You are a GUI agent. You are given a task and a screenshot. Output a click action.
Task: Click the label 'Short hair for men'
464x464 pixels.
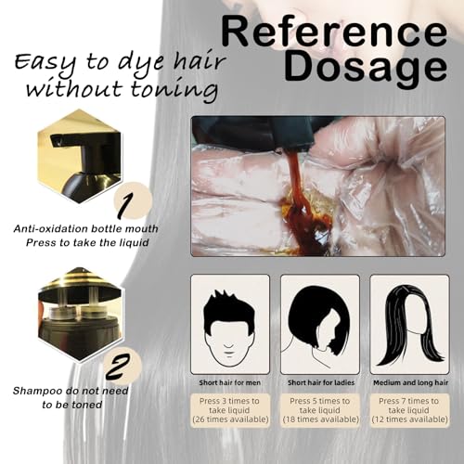[230, 381]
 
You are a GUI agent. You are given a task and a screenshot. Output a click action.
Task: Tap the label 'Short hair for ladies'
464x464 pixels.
[319, 381]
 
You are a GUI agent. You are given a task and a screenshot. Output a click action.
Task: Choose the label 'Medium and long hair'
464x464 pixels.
[409, 381]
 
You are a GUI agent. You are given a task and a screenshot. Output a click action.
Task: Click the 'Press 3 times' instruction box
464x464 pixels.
[230, 409]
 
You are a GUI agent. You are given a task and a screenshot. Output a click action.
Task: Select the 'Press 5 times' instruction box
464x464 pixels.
[319, 409]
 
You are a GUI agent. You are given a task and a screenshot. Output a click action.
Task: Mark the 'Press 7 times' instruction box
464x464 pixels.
[409, 409]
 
